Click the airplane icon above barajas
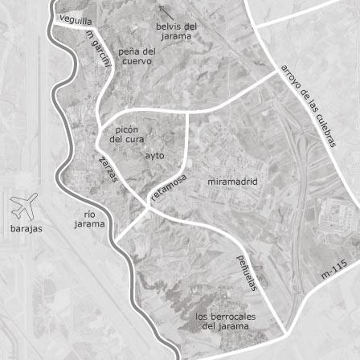pyautogui.click(x=23, y=207)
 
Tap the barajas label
pyautogui.click(x=25, y=231)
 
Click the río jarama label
pyautogui.click(x=89, y=219)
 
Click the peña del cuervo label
pyautogui.click(x=137, y=55)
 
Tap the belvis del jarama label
pyautogui.click(x=177, y=31)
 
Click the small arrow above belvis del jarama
pyautogui.click(x=166, y=11)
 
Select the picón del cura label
pyautogui.click(x=125, y=133)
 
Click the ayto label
pyautogui.click(x=156, y=154)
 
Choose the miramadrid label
pyautogui.click(x=233, y=182)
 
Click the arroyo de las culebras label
pyautogui.click(x=308, y=105)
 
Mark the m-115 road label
pyautogui.click(x=333, y=270)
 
